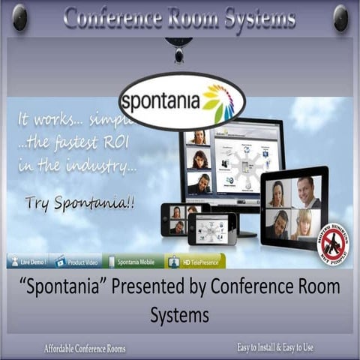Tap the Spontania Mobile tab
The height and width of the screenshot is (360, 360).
pyautogui.click(x=132, y=260)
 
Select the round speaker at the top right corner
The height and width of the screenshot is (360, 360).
pyautogui.click(x=340, y=18)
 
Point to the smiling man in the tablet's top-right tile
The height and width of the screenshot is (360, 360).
pyautogui.click(x=307, y=193)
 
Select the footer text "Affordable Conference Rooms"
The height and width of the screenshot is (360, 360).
pyautogui.click(x=85, y=348)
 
